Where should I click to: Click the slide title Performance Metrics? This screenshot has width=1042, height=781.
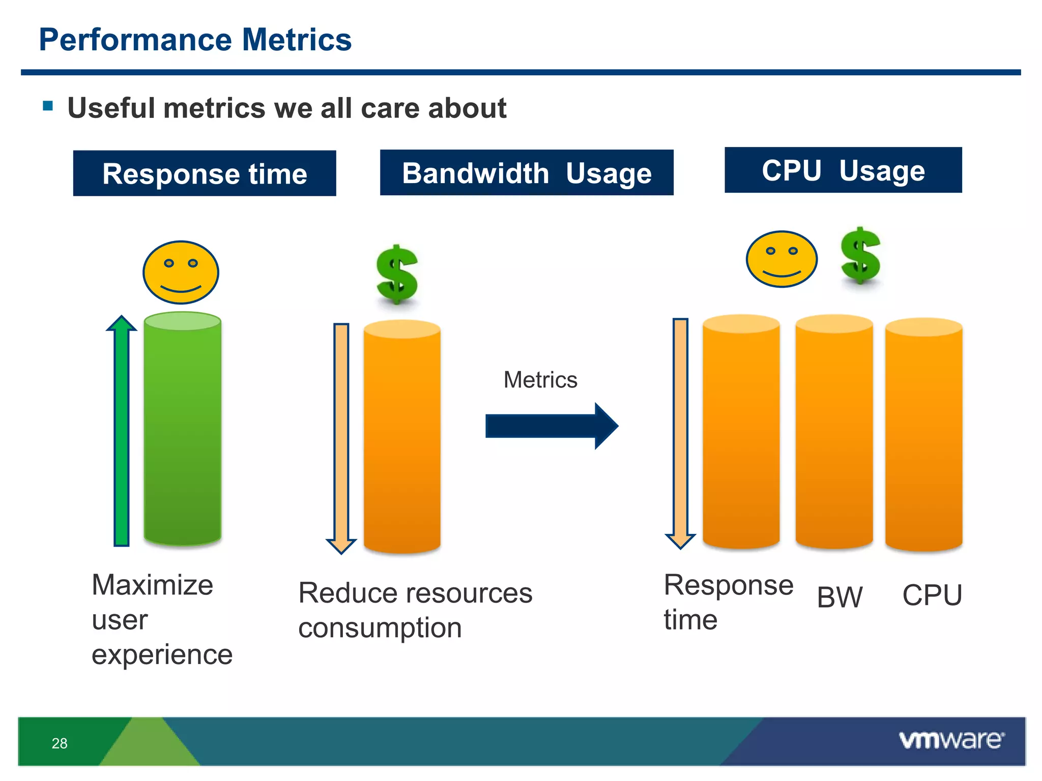pyautogui.click(x=195, y=40)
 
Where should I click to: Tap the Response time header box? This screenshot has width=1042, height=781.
pyautogui.click(x=205, y=173)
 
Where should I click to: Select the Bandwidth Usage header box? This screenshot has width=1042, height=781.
pyautogui.click(x=527, y=173)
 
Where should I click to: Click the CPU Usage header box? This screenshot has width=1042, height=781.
pyautogui.click(x=843, y=170)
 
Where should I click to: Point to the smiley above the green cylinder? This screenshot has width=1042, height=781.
pyautogui.click(x=181, y=273)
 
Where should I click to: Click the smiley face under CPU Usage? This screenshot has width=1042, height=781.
pyautogui.click(x=781, y=259)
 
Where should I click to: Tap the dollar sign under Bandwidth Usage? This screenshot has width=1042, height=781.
pyautogui.click(x=397, y=275)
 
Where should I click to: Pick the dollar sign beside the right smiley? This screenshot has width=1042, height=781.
pyautogui.click(x=860, y=256)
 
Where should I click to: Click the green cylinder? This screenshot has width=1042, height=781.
pyautogui.click(x=182, y=430)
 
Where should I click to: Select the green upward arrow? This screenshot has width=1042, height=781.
pyautogui.click(x=122, y=432)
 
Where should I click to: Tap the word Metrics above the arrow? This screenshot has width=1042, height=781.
pyautogui.click(x=540, y=380)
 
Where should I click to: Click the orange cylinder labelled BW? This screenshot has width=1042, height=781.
pyautogui.click(x=834, y=432)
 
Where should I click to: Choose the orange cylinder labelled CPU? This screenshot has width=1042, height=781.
pyautogui.click(x=923, y=435)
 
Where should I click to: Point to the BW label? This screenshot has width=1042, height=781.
pyautogui.click(x=840, y=597)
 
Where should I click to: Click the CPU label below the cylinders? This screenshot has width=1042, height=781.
pyautogui.click(x=932, y=595)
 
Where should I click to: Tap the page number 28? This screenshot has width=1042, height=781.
pyautogui.click(x=60, y=743)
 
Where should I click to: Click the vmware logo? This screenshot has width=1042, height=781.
pyautogui.click(x=951, y=740)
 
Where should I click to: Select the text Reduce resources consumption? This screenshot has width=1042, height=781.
pyautogui.click(x=415, y=610)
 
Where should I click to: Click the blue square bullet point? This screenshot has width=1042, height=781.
pyautogui.click(x=48, y=106)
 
